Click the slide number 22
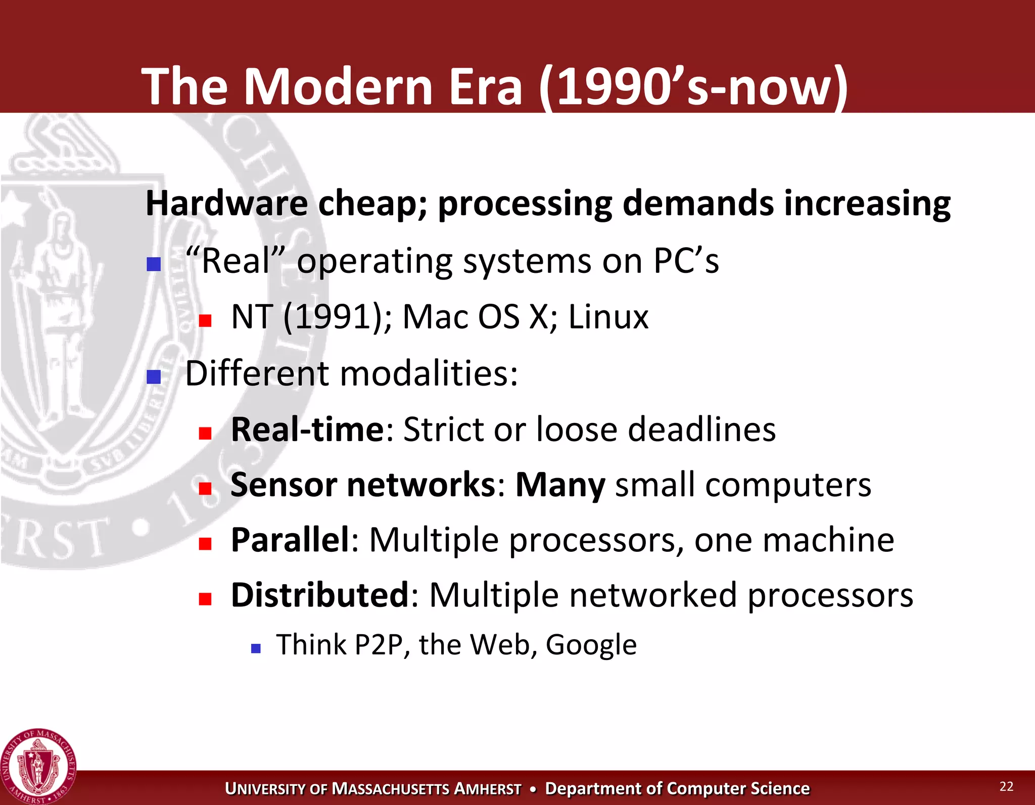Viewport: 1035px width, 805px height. (1006, 786)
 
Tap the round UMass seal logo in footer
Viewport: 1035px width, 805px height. (38, 766)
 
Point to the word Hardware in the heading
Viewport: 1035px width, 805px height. (226, 203)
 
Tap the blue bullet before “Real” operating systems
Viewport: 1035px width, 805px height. (154, 264)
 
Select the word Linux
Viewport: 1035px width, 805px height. (608, 317)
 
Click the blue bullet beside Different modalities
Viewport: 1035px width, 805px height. (154, 377)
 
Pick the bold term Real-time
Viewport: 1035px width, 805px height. (307, 430)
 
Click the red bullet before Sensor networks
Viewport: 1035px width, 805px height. (205, 488)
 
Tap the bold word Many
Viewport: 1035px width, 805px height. (560, 485)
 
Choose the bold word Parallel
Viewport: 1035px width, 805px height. (290, 540)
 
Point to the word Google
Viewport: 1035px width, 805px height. (591, 645)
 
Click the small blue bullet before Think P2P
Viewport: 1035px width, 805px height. (256, 648)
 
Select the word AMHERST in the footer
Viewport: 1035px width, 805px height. (487, 789)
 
